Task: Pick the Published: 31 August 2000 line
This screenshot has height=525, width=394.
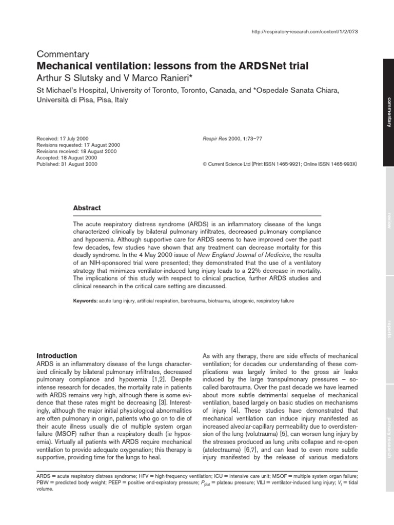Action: [x=67, y=164]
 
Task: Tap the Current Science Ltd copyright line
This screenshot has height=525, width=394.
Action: [x=280, y=164]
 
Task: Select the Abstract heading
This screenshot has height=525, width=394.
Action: [x=87, y=208]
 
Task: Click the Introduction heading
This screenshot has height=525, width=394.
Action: [x=56, y=355]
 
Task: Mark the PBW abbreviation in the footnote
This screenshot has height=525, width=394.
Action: [x=43, y=481]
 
